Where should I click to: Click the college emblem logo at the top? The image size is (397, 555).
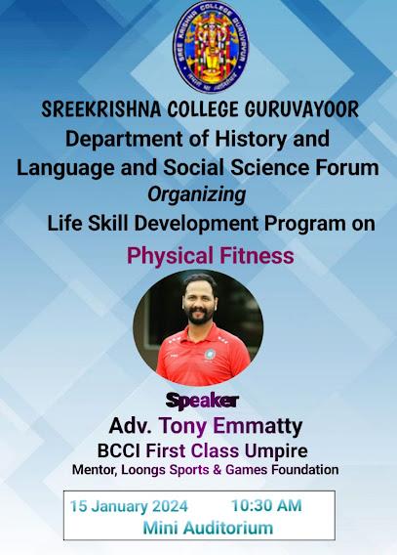pos(211,47)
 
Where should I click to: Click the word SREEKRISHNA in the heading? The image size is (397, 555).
pos(101,109)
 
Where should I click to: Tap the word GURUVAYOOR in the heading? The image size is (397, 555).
pos(301,109)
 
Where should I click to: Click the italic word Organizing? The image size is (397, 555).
pos(196,195)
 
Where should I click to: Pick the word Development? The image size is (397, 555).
pos(196,224)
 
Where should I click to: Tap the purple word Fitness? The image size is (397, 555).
pos(257,256)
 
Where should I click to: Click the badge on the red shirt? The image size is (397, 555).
pos(210,354)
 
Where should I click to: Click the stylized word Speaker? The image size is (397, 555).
pos(202,402)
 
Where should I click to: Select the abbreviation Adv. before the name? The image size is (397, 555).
pos(131,426)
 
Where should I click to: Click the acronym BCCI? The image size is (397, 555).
pos(119,451)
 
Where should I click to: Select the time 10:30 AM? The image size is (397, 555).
pos(266,505)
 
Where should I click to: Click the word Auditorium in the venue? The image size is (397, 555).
pos(229,528)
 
